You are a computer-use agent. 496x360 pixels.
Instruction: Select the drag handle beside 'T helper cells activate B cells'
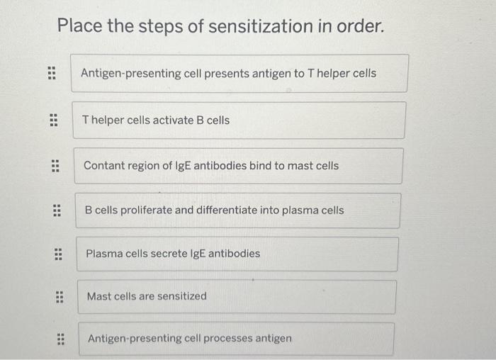[52, 120]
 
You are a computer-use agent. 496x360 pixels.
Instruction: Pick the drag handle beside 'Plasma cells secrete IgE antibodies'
[58, 254]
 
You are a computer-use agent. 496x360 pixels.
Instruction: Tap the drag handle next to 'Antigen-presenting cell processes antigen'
[61, 339]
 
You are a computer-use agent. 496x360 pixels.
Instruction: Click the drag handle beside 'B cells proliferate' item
[57, 210]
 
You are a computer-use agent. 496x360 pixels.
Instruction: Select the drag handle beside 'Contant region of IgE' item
[55, 166]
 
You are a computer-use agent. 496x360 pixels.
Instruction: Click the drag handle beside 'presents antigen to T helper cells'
[50, 74]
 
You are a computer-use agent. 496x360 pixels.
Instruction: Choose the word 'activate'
[170, 120]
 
